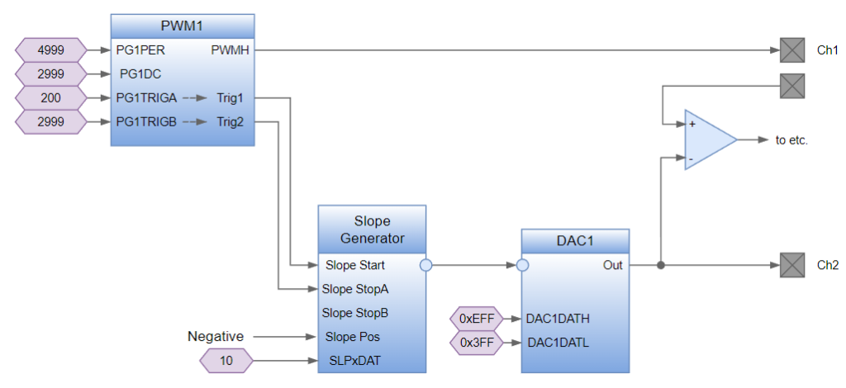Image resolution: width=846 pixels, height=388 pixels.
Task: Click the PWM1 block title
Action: pyautogui.click(x=182, y=25)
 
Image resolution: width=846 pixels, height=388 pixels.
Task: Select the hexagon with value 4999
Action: pyautogui.click(x=51, y=50)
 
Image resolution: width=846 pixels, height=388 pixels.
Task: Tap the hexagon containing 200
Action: pyautogui.click(x=51, y=98)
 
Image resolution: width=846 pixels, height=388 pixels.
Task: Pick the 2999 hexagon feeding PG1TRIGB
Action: pyautogui.click(x=51, y=123)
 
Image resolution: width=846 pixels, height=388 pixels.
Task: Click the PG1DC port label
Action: pyautogui.click(x=139, y=73)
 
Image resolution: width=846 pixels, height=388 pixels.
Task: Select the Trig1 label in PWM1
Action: pyautogui.click(x=231, y=98)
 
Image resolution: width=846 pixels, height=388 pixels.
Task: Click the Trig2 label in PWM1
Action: pyautogui.click(x=231, y=123)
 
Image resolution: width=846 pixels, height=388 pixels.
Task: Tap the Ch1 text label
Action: pyautogui.click(x=828, y=50)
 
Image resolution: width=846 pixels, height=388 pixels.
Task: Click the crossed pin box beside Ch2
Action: pyautogui.click(x=792, y=266)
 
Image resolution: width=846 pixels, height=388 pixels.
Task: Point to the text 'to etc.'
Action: pyautogui.click(x=791, y=140)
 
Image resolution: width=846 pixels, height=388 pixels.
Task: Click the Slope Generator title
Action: pyautogui.click(x=372, y=229)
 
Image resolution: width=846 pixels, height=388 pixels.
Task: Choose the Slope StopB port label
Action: pyautogui.click(x=355, y=313)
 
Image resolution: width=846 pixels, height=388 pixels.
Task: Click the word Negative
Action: pyautogui.click(x=216, y=337)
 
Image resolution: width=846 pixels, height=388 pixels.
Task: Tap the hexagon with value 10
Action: pyautogui.click(x=226, y=361)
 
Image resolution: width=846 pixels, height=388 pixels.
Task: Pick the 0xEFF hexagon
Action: pyautogui.click(x=476, y=319)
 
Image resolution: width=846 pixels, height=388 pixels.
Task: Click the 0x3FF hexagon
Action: pyautogui.click(x=476, y=343)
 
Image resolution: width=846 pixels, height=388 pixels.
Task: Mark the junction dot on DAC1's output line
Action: pyautogui.click(x=660, y=266)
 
